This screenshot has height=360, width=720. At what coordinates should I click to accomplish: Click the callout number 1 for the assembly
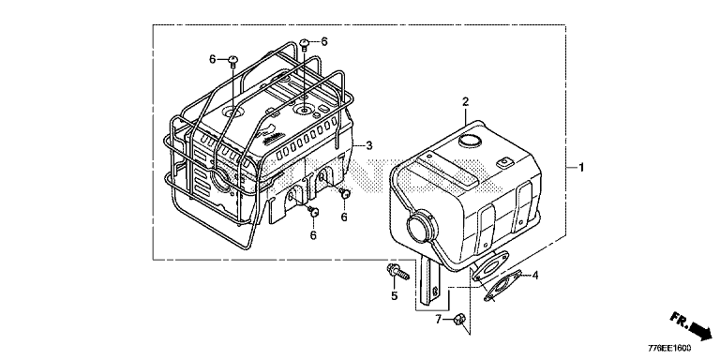[581, 168]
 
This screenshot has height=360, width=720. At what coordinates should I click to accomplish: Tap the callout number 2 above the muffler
[465, 101]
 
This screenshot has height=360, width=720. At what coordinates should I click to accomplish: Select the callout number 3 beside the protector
[369, 146]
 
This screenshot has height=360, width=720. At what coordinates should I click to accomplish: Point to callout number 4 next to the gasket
[535, 276]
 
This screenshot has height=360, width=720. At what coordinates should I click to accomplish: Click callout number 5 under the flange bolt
[394, 296]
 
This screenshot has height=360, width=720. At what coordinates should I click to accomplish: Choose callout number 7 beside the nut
[439, 319]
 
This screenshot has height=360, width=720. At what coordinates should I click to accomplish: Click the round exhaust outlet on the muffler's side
[420, 227]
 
